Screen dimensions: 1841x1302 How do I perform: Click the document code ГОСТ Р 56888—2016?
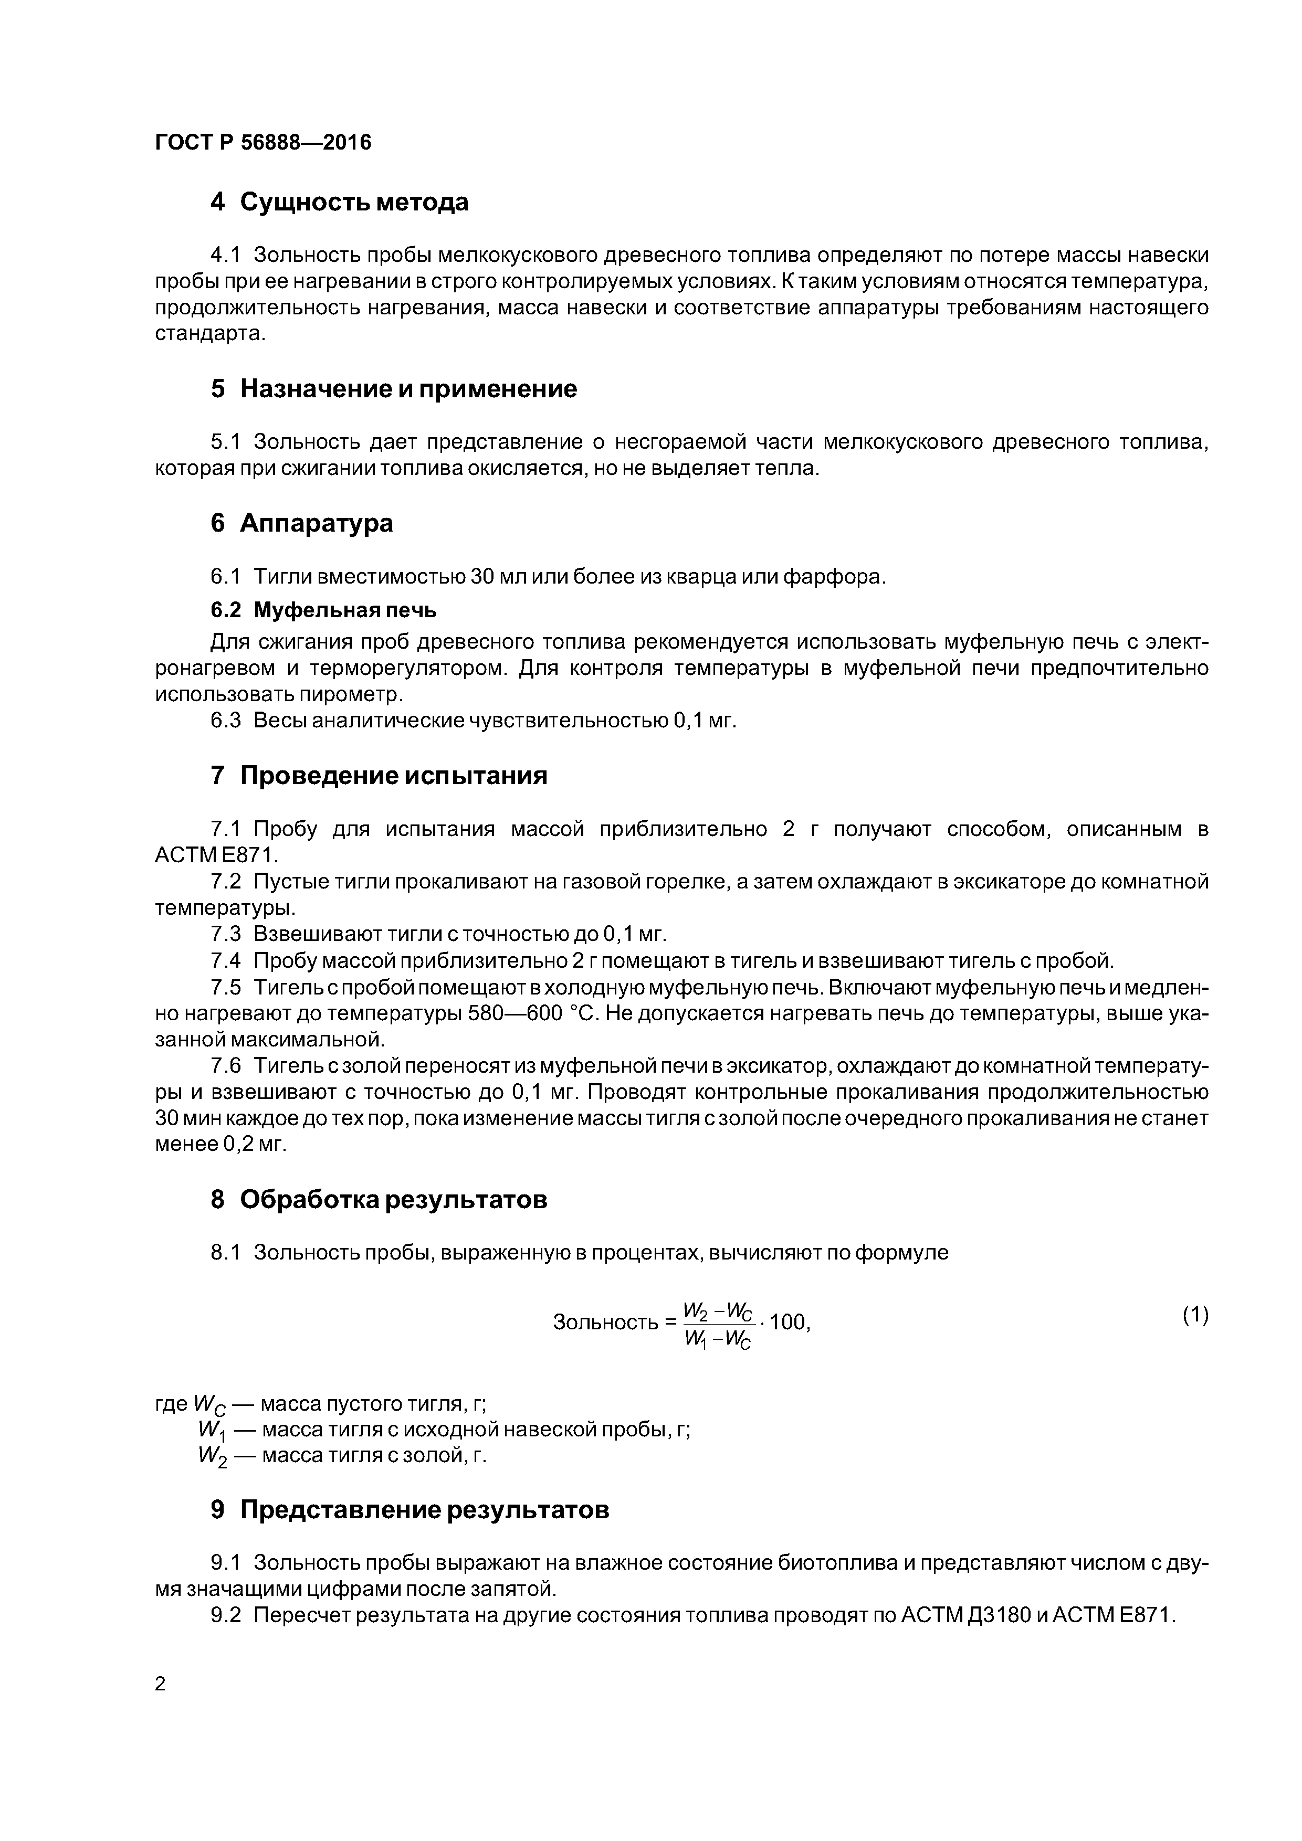262,143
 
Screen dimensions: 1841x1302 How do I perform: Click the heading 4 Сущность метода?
339,202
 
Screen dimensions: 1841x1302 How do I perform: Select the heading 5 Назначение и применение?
394,389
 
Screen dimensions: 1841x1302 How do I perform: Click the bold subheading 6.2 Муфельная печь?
323,610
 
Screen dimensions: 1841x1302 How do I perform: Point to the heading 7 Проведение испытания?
379,775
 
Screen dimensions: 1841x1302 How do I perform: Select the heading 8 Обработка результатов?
379,1200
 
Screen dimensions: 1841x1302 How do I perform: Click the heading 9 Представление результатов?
409,1510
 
